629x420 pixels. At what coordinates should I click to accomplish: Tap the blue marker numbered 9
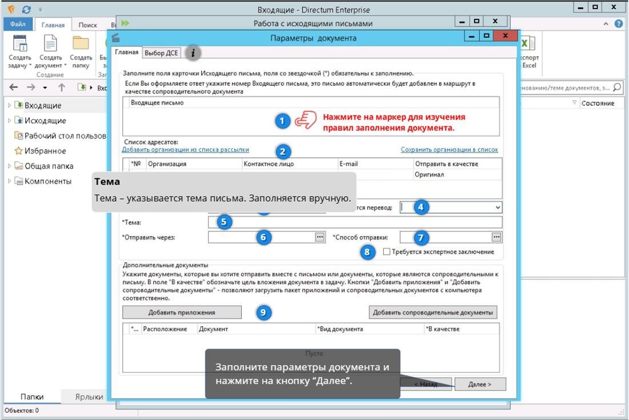[x=263, y=313]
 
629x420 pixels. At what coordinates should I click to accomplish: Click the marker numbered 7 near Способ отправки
[x=421, y=237]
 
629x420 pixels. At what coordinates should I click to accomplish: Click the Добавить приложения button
[x=182, y=313]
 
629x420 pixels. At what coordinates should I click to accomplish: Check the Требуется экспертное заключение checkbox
[x=387, y=251]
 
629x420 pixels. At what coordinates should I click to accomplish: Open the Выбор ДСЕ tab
[x=162, y=53]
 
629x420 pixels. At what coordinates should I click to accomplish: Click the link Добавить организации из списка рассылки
[x=185, y=150]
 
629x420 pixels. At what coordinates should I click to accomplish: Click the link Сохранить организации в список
[x=449, y=150]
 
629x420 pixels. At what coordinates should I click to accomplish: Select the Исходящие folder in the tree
[x=45, y=121]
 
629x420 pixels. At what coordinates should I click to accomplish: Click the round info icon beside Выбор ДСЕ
[x=193, y=53]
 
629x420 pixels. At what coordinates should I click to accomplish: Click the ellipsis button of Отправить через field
[x=319, y=237]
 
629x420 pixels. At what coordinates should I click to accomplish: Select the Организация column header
[x=167, y=163]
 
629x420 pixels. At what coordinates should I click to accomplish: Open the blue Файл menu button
[x=18, y=25]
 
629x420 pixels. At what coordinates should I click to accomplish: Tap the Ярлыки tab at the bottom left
[x=89, y=397]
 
